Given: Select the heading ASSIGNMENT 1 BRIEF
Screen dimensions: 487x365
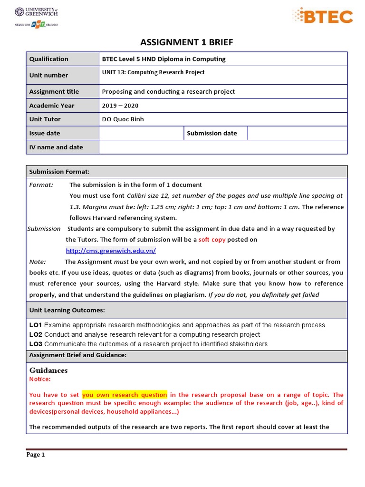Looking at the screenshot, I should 187,43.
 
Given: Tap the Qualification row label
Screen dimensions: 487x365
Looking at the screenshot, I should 48,59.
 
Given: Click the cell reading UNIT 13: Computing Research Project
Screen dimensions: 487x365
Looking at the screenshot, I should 153,72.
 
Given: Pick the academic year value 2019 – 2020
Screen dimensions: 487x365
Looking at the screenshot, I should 120,106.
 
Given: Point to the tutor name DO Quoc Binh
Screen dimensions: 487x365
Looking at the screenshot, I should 123,119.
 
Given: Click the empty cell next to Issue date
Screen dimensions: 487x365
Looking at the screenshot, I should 141,133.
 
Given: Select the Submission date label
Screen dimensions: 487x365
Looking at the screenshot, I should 211,133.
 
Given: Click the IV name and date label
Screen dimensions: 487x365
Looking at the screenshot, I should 56,147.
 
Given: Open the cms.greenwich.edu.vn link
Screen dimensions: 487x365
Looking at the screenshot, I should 111,251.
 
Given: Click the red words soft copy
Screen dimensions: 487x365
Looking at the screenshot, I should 212,240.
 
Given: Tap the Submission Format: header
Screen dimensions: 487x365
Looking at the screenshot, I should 59,172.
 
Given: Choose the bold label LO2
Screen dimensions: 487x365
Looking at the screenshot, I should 36,335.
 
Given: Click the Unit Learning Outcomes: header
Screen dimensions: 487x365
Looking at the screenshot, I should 67,310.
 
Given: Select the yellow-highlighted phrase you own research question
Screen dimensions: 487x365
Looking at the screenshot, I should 125,395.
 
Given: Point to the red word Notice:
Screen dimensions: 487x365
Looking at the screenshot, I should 40,379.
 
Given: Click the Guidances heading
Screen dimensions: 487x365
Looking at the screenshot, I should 48,370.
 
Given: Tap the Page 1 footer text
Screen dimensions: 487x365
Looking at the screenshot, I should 36,455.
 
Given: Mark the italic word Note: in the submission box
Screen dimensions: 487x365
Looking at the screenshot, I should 38,262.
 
